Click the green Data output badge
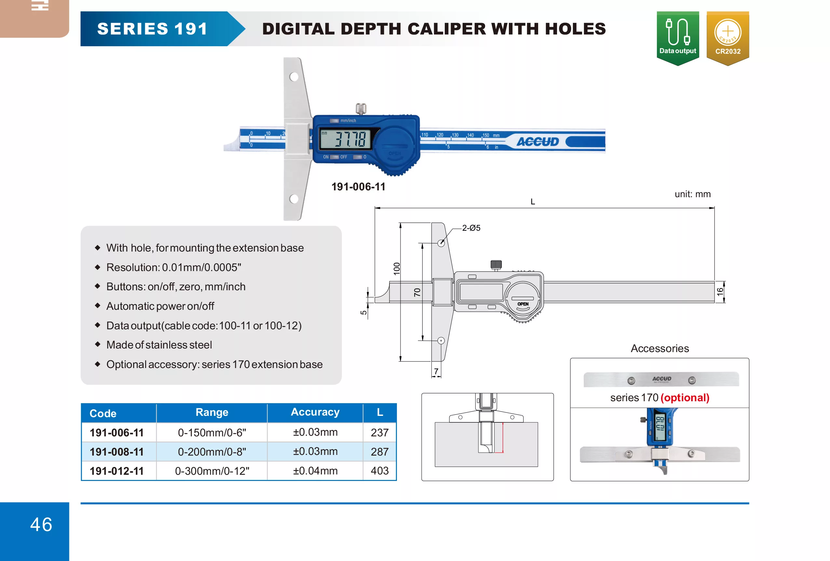point(677,37)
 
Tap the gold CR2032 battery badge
point(728,37)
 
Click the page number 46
point(41,524)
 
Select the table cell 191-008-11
point(116,452)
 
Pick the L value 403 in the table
point(379,471)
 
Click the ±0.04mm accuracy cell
point(315,471)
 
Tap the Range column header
point(212,412)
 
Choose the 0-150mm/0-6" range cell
point(212,432)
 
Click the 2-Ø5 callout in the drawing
point(471,228)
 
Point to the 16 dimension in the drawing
point(720,291)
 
